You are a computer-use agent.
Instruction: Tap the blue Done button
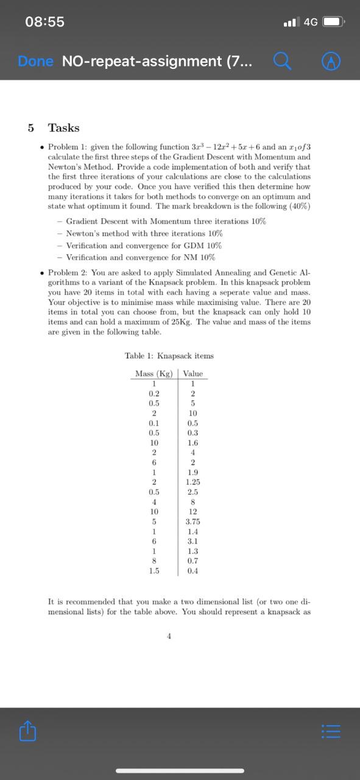35,61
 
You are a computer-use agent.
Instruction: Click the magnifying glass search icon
281,61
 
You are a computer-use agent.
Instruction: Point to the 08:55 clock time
44,22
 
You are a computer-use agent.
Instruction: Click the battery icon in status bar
334,22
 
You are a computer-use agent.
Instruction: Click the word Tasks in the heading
64,128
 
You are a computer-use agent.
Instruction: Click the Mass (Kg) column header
154,374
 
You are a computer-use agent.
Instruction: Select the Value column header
192,374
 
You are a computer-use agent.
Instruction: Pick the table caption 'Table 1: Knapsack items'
169,355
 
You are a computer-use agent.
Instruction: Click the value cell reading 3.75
192,522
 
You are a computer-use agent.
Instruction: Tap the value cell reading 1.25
192,482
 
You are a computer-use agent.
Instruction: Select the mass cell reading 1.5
154,571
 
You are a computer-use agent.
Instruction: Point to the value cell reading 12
192,511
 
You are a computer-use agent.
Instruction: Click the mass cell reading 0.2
154,393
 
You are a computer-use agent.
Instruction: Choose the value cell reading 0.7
192,561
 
